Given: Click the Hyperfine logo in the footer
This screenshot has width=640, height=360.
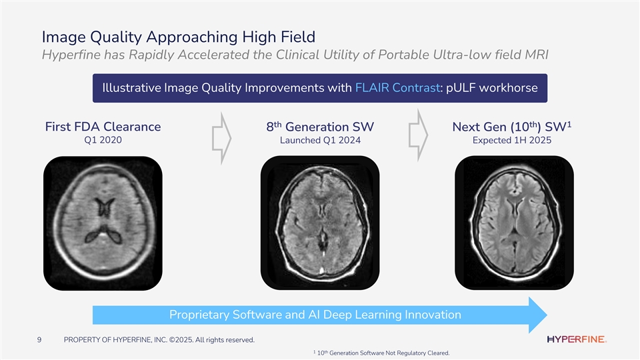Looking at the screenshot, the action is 576,339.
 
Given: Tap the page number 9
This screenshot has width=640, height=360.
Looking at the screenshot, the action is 39,339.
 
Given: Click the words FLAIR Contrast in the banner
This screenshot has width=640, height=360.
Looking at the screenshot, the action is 397,88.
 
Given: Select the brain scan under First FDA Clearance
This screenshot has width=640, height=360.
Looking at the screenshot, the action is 103,223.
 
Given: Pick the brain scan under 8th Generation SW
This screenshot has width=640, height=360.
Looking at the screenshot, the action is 320,223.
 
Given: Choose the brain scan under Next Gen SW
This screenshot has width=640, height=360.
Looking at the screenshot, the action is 514,223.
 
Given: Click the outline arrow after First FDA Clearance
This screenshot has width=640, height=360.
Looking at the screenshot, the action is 221,139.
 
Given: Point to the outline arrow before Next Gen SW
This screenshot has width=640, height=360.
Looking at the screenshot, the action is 419,135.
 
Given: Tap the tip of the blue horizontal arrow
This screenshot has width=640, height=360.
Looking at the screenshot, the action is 547,315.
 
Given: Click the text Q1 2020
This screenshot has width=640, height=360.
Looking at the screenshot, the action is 103,140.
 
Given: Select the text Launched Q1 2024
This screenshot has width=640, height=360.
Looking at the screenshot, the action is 321,141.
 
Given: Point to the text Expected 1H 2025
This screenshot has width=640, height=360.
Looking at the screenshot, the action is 512,141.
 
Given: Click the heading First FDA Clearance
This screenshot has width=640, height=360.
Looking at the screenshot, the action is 103,127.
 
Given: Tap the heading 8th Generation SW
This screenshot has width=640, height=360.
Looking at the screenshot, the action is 320,127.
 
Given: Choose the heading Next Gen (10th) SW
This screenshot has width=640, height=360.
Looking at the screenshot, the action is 512,127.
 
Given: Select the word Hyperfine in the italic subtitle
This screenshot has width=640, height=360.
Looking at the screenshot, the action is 71,55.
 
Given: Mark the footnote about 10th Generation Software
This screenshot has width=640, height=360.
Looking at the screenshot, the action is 381,353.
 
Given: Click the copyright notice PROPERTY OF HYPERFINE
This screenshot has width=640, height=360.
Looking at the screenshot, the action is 159,339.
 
